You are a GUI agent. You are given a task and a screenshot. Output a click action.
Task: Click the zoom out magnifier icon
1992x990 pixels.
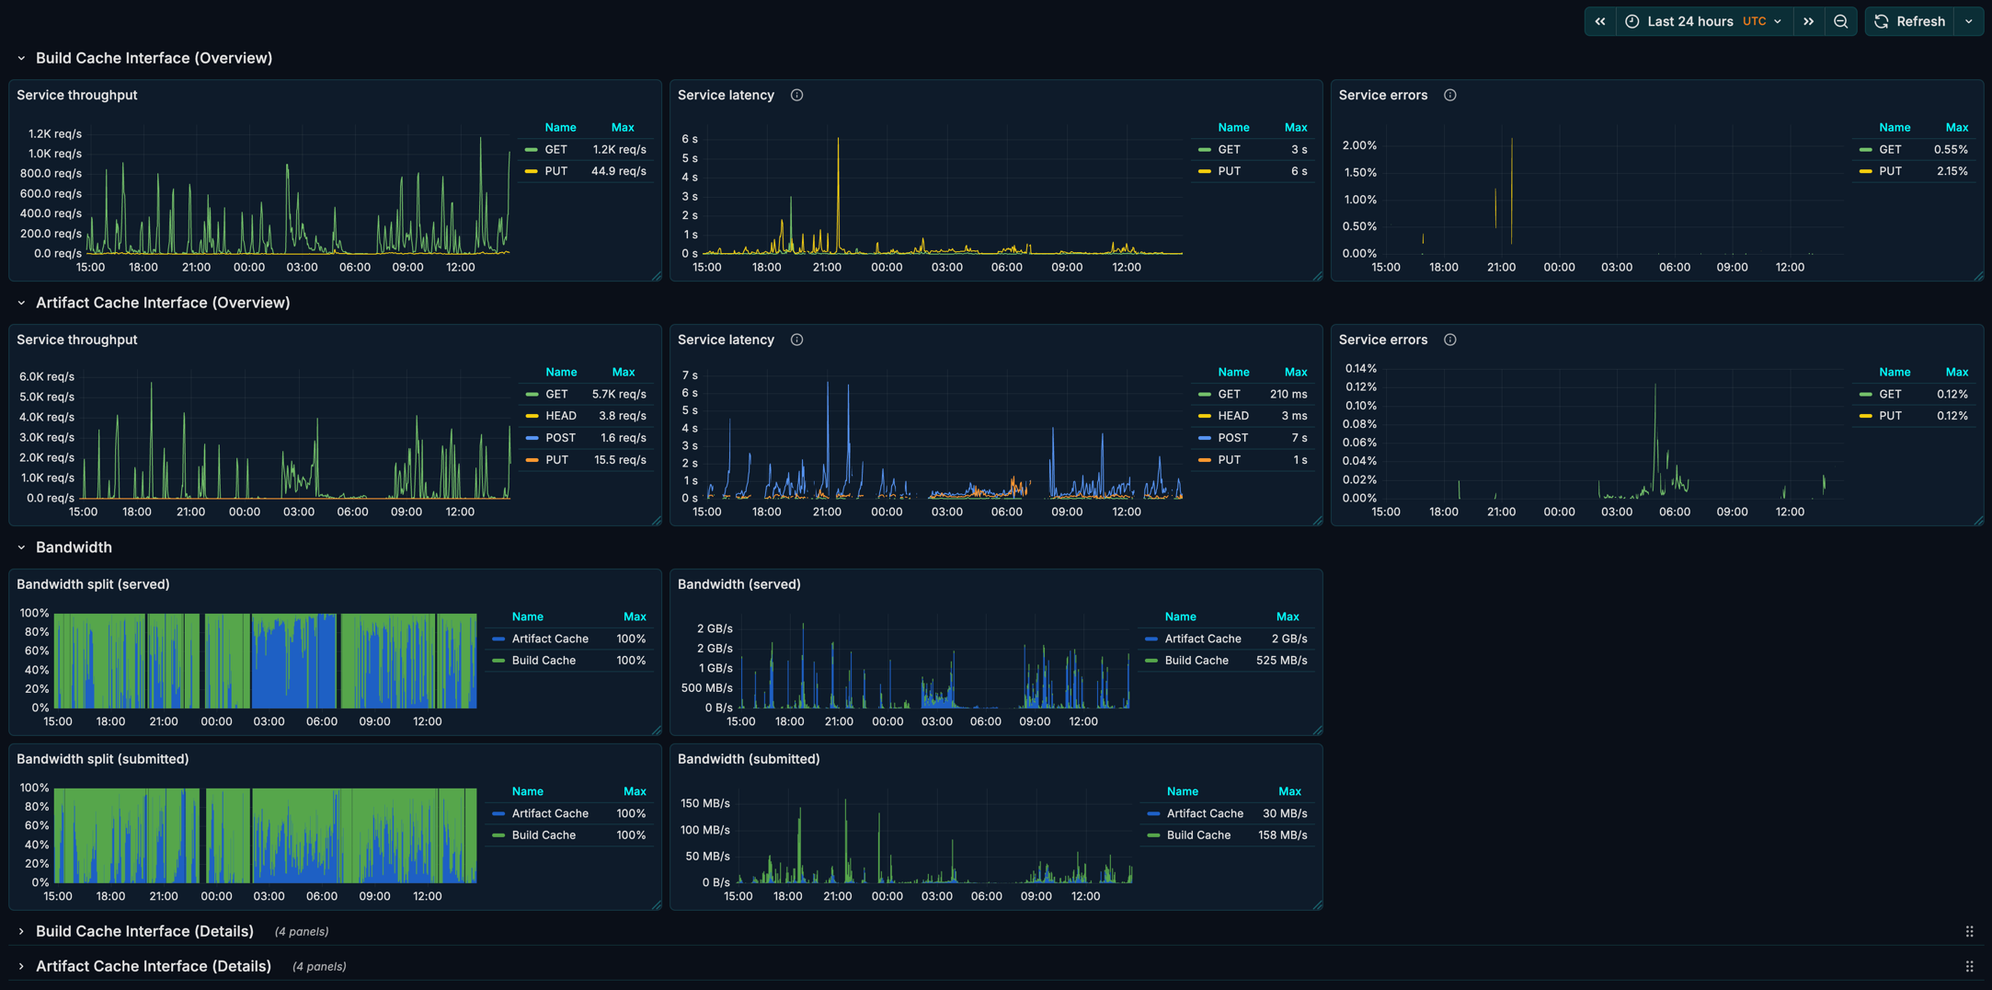pos(1840,21)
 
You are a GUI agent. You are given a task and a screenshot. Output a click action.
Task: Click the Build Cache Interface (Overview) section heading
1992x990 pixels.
pos(154,58)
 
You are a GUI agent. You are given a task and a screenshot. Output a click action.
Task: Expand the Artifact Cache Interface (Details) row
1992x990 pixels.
pos(153,966)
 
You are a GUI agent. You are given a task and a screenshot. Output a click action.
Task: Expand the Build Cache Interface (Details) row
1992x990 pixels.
pos(144,931)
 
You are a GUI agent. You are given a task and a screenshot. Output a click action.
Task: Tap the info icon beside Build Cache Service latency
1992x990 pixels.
pos(796,95)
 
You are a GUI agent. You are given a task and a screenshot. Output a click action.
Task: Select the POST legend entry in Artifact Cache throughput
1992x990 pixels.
pos(560,438)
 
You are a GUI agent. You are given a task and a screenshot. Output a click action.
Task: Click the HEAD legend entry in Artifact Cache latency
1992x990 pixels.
pos(1232,416)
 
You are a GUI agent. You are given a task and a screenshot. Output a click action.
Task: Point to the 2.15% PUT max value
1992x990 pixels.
pos(1952,171)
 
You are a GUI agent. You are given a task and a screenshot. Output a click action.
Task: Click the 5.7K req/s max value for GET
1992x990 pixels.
pos(618,394)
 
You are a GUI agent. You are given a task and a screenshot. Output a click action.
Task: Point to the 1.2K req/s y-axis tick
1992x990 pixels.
pos(54,133)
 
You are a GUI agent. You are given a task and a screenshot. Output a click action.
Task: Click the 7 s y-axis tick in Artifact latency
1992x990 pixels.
pos(689,375)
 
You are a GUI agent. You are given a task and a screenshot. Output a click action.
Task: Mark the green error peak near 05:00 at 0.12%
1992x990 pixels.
pos(1654,387)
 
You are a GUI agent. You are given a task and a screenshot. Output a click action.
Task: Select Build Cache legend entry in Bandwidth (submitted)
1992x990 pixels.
pos(1197,835)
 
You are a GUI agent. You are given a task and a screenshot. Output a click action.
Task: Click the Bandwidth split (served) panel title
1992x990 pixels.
pos(93,584)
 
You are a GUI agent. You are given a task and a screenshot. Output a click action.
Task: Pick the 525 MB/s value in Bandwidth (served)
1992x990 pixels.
pos(1281,661)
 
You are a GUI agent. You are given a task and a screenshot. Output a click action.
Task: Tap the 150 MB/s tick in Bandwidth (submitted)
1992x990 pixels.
pos(704,803)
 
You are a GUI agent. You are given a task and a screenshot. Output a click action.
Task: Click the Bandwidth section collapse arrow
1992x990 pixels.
pos(21,547)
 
